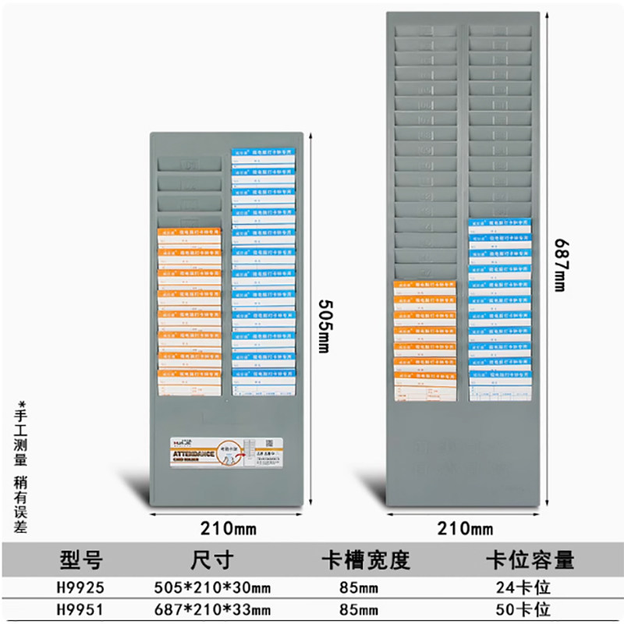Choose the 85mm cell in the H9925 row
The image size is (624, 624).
(x=364, y=585)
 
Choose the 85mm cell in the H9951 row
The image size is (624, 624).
(x=364, y=608)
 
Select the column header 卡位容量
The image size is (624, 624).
(x=530, y=559)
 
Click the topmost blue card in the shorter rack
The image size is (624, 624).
(x=263, y=156)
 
